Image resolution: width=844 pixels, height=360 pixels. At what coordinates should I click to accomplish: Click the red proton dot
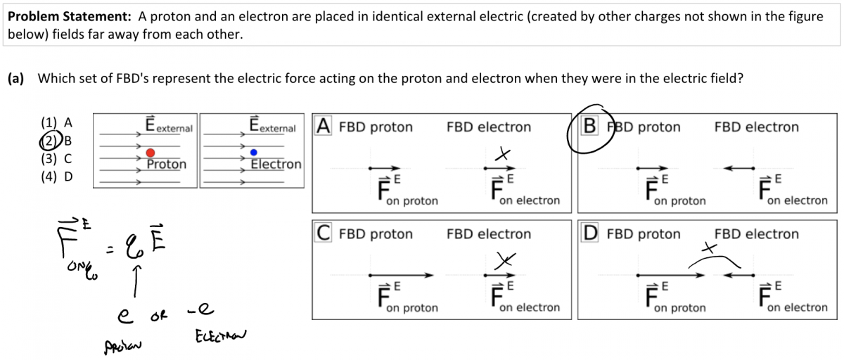151,153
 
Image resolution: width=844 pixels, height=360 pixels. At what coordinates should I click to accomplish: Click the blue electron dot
254,153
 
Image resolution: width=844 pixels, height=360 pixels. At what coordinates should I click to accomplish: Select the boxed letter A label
323,127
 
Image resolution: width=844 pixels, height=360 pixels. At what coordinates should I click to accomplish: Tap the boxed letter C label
323,233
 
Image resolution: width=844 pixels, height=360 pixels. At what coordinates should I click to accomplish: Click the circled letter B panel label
589,127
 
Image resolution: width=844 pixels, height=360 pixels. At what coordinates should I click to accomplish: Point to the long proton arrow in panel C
401,275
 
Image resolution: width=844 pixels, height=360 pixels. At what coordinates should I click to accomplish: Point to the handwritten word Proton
123,345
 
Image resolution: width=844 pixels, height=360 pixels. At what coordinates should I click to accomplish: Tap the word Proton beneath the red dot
167,165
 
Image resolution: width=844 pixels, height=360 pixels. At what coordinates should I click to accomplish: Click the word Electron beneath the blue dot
276,165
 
